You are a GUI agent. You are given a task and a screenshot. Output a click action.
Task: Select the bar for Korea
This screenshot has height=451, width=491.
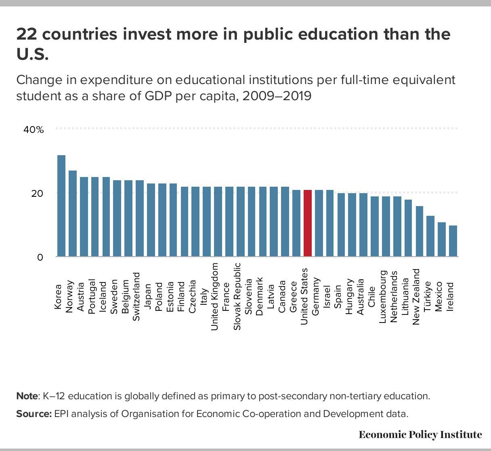point(61,206)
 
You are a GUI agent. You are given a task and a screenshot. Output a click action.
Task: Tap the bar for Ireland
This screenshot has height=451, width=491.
point(453,241)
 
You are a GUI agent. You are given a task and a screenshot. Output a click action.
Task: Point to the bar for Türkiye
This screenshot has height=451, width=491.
point(430,236)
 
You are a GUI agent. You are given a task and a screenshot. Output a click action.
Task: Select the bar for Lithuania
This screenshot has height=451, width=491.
point(408,228)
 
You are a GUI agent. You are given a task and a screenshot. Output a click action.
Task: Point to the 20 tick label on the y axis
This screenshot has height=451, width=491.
point(38,193)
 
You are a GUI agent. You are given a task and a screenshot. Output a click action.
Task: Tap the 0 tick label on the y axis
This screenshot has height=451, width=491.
point(40,257)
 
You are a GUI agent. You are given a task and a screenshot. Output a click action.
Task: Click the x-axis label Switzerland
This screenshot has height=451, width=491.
point(136,297)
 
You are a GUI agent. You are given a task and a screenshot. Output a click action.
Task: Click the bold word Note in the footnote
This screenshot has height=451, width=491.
point(27,396)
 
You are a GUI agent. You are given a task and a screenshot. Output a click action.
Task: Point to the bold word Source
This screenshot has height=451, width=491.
point(34,414)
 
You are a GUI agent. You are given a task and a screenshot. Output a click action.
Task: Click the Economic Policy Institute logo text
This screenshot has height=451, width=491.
point(420,434)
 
